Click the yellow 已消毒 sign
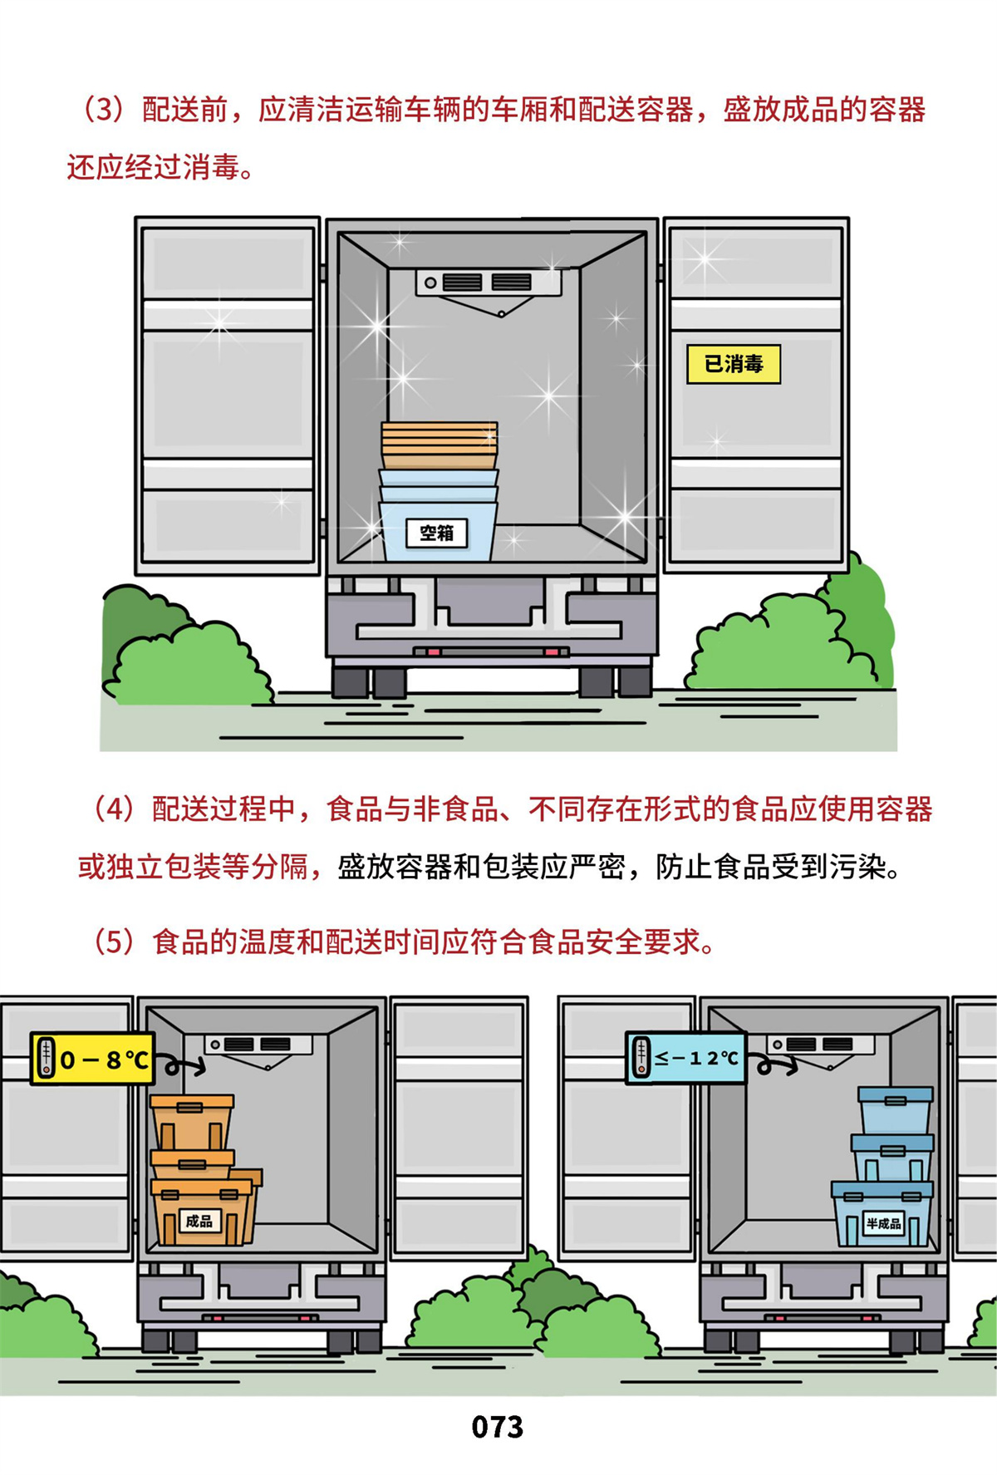coord(734,364)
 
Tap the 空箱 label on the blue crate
coord(437,533)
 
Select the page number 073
coord(497,1427)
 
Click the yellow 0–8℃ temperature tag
coord(92,1059)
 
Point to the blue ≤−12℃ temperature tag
coord(685,1058)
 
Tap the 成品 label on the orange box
coord(199,1221)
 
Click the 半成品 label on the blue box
coord(883,1223)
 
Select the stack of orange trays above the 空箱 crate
coord(440,445)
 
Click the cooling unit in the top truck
coord(489,284)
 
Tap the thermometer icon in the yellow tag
coord(47,1059)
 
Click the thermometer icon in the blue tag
coord(641,1058)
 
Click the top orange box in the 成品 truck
coord(192,1122)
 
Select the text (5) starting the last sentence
coord(113,942)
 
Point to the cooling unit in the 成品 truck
coord(258,1045)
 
